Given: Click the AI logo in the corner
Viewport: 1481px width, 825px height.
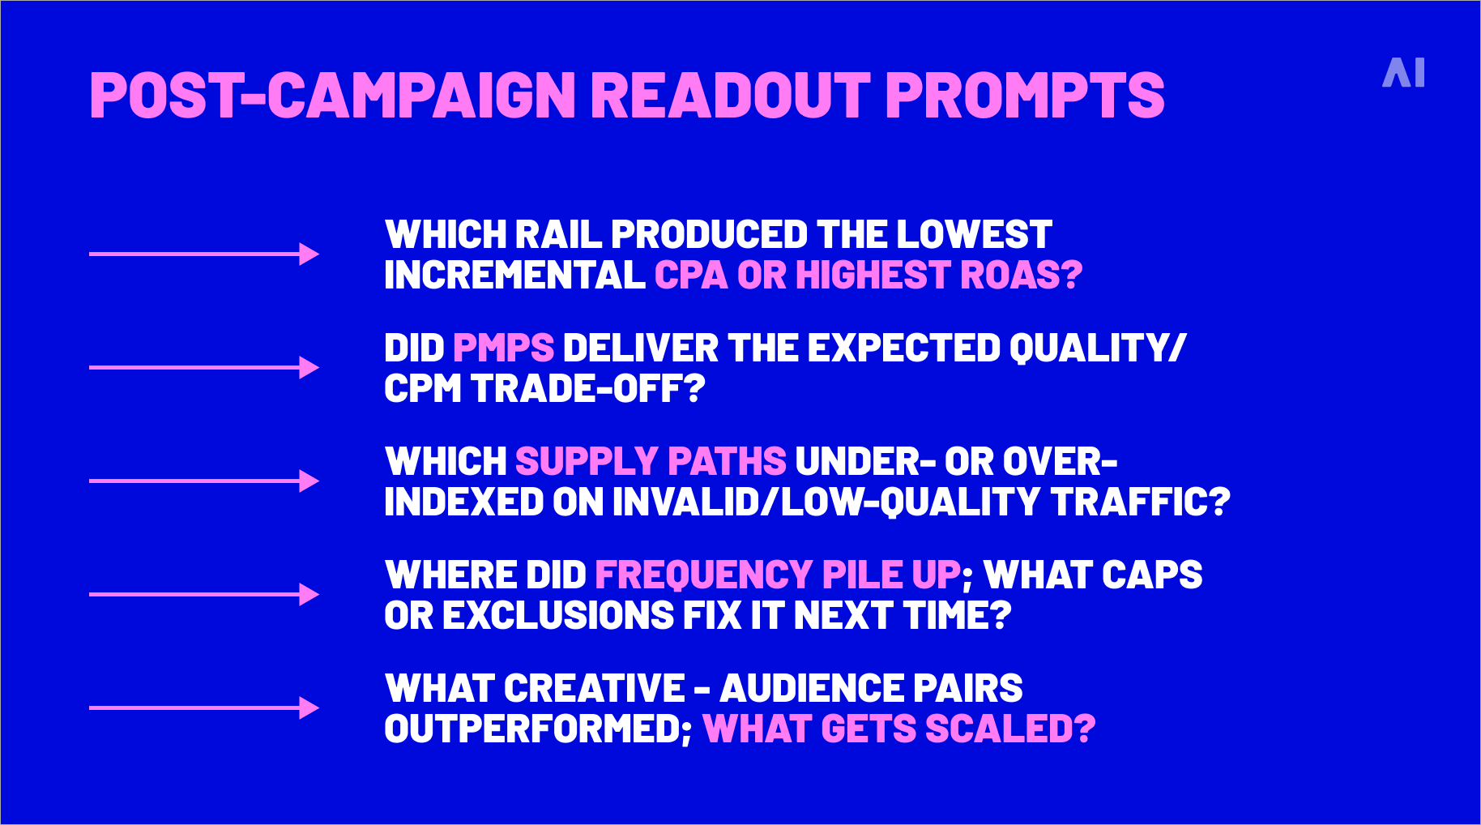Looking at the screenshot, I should click(x=1403, y=73).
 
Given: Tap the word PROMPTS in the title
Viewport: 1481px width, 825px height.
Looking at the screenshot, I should click(x=1025, y=96).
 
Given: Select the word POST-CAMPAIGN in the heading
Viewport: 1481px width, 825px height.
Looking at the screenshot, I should click(x=332, y=96).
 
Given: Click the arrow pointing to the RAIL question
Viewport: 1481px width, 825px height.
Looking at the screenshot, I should click(x=204, y=254).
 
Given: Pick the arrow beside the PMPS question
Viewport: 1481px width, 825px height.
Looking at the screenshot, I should click(x=204, y=368).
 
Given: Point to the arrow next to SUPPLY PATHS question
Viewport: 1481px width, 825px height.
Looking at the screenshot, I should click(x=204, y=481).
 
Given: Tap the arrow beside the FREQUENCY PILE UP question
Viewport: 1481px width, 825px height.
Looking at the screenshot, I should click(x=204, y=595).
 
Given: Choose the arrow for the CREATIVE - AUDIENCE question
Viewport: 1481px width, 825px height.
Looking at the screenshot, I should click(x=204, y=708).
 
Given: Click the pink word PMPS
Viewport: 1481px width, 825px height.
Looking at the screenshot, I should click(x=503, y=348).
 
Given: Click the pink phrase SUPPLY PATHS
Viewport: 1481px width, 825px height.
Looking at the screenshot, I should click(x=651, y=462).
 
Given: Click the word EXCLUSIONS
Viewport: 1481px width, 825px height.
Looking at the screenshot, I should click(x=558, y=616).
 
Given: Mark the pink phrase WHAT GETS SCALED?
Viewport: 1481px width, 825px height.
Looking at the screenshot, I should click(x=899, y=729).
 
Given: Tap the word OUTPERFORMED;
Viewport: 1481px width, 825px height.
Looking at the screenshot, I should click(x=538, y=729).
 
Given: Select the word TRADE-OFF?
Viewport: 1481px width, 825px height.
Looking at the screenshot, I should click(x=588, y=389).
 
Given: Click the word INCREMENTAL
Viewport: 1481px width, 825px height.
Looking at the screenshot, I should click(x=514, y=276).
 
